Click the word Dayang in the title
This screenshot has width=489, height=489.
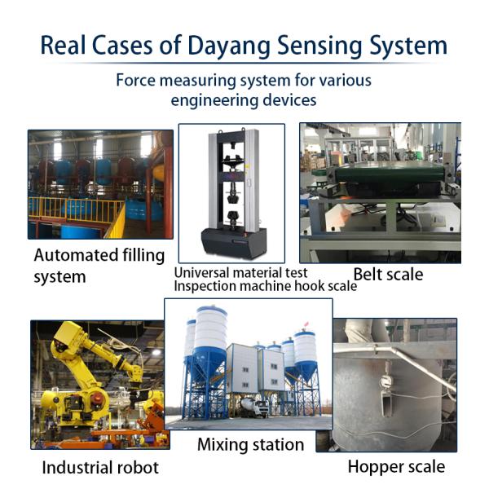click(229, 46)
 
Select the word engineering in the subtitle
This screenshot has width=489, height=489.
click(214, 101)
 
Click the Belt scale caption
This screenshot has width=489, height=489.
click(388, 275)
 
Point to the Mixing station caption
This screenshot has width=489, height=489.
click(251, 444)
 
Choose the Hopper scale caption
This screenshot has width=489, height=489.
click(396, 467)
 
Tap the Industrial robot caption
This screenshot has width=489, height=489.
click(100, 468)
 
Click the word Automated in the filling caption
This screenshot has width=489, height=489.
click(75, 255)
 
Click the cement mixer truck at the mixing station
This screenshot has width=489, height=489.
click(254, 407)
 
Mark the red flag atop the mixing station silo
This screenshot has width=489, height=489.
click(306, 324)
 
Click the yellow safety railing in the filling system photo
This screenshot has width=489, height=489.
click(77, 209)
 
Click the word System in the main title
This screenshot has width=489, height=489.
click(408, 46)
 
